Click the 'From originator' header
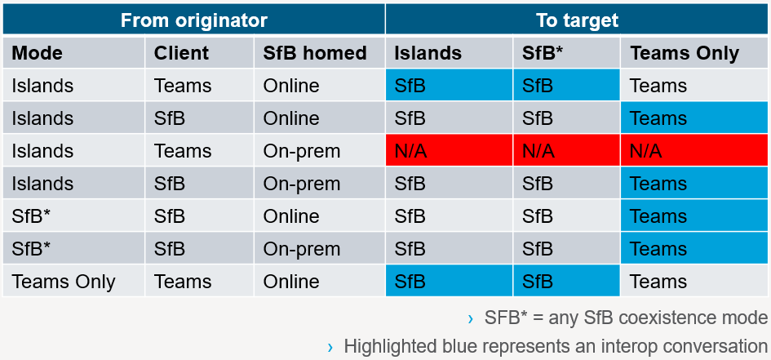[x=193, y=20]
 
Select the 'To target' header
[x=578, y=20]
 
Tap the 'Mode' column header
[x=38, y=52]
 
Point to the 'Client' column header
[x=181, y=52]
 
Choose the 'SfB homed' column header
[x=315, y=52]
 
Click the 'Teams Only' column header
[x=685, y=53]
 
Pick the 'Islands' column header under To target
[x=428, y=52]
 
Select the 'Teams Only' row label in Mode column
[x=64, y=282]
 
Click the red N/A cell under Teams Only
[x=695, y=150]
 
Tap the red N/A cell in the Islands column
[x=449, y=150]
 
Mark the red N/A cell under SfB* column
[x=566, y=150]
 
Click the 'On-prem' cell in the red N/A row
[x=301, y=151]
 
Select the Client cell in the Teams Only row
[x=183, y=282]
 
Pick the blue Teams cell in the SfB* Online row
[x=695, y=216]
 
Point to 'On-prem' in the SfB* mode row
[x=301, y=249]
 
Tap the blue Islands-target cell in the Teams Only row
[x=449, y=281]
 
